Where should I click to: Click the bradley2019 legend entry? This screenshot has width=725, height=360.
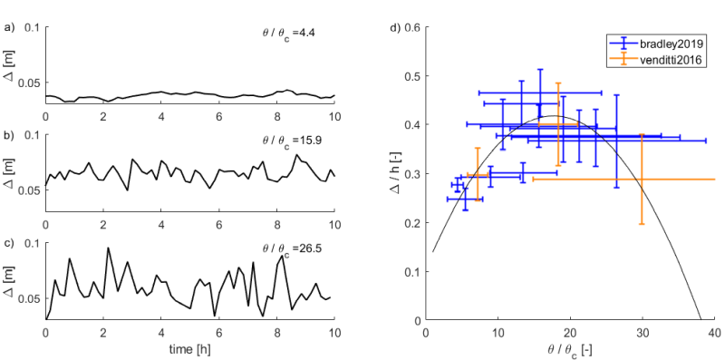point(672,43)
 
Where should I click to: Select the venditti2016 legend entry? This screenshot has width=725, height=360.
point(672,60)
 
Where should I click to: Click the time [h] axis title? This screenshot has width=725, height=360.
point(189,348)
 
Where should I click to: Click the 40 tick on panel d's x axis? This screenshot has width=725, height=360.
point(714,332)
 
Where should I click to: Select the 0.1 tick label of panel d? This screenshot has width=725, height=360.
point(413,272)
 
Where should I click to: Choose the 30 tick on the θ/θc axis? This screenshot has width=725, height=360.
point(643,332)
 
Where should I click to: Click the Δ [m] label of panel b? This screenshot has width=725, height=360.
point(11,172)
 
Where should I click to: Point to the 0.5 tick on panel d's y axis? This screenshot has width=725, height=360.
point(413,76)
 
